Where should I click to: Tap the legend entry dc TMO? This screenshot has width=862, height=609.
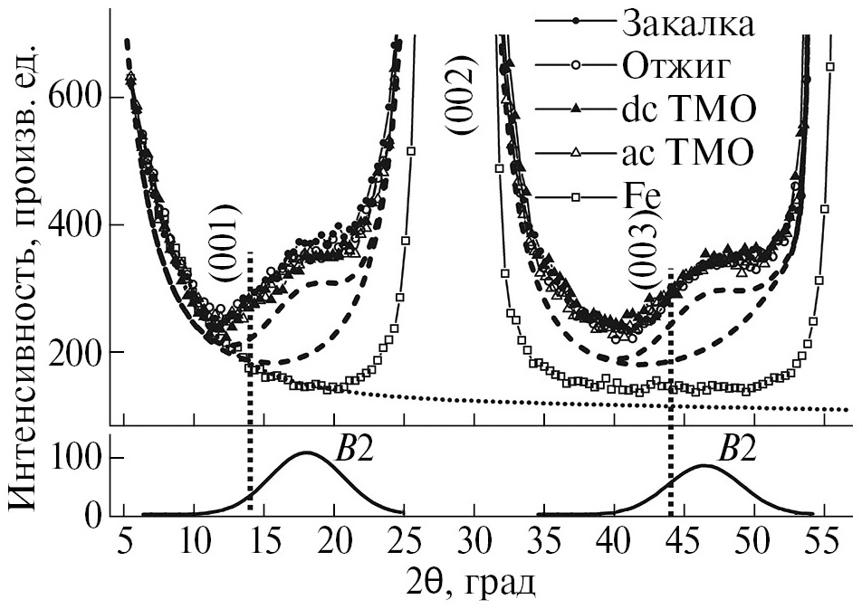pos(687,109)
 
